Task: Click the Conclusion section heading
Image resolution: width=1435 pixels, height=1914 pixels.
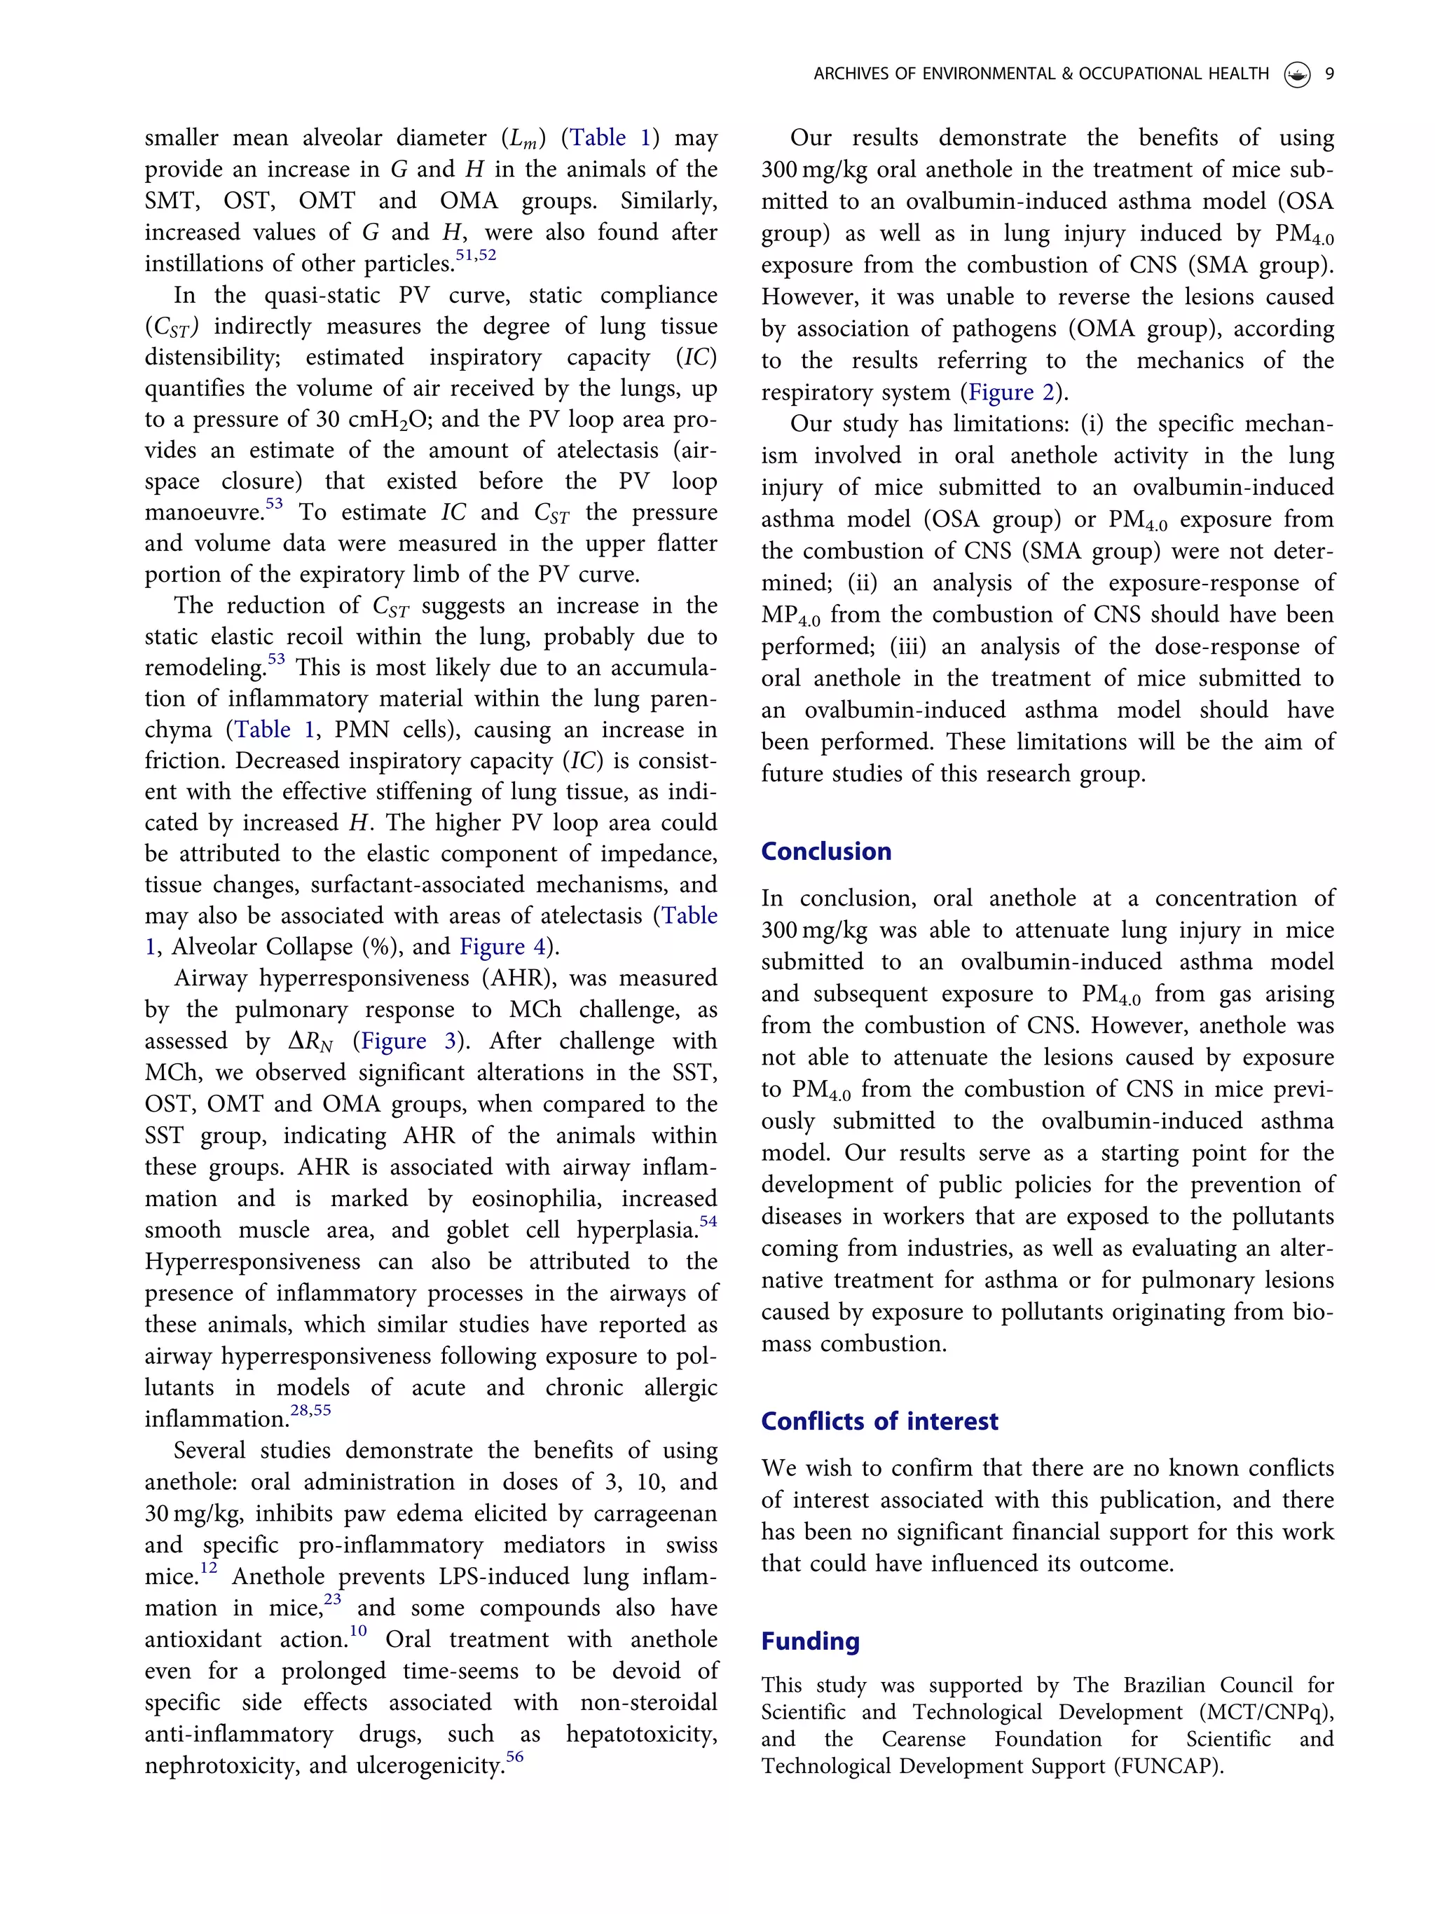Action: click(825, 852)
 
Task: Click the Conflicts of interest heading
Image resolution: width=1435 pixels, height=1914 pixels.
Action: click(879, 1421)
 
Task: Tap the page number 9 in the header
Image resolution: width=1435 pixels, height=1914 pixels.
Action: click(1329, 74)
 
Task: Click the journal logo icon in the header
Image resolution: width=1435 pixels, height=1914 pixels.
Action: click(1296, 75)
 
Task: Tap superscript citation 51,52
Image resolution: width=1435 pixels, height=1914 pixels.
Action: click(476, 255)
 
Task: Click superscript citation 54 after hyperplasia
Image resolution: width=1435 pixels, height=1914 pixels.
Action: click(708, 1221)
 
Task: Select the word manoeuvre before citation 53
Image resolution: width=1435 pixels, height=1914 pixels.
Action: click(203, 513)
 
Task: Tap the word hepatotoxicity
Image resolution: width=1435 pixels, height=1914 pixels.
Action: click(641, 1734)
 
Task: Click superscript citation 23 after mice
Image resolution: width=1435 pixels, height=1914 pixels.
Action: click(332, 1599)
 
